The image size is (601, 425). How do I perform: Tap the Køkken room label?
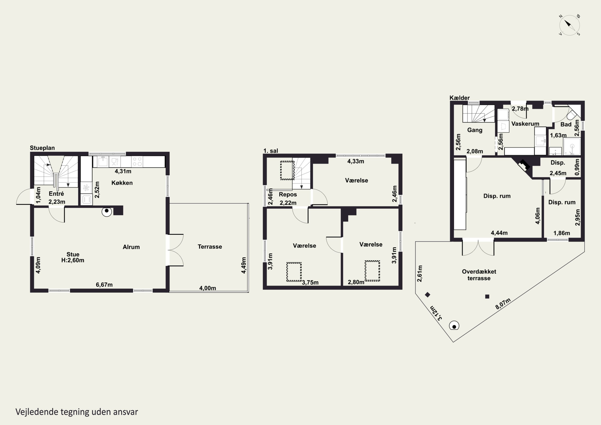(x=122, y=183)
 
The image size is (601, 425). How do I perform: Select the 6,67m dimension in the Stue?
(x=104, y=285)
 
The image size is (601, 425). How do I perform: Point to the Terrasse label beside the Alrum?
(x=210, y=247)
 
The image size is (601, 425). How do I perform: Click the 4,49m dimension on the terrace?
(x=244, y=265)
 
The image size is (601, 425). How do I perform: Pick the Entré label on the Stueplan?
(x=56, y=194)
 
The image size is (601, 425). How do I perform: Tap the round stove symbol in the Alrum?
(x=107, y=212)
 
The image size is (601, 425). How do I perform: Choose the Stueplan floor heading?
(x=42, y=148)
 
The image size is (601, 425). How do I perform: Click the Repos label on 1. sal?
(x=288, y=195)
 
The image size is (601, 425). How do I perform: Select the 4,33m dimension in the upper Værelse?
(x=355, y=161)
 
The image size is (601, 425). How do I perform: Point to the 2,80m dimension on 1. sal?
(x=356, y=282)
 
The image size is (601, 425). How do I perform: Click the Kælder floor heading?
(x=460, y=98)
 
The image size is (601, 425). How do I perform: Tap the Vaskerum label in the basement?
(x=525, y=124)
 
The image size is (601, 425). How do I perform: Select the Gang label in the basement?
(x=475, y=130)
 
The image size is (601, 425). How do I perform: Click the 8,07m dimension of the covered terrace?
(x=503, y=304)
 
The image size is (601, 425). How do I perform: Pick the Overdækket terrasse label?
(x=479, y=275)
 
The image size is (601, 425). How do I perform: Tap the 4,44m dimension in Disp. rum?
(x=499, y=233)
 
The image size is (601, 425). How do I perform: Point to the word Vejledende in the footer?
(x=37, y=412)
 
